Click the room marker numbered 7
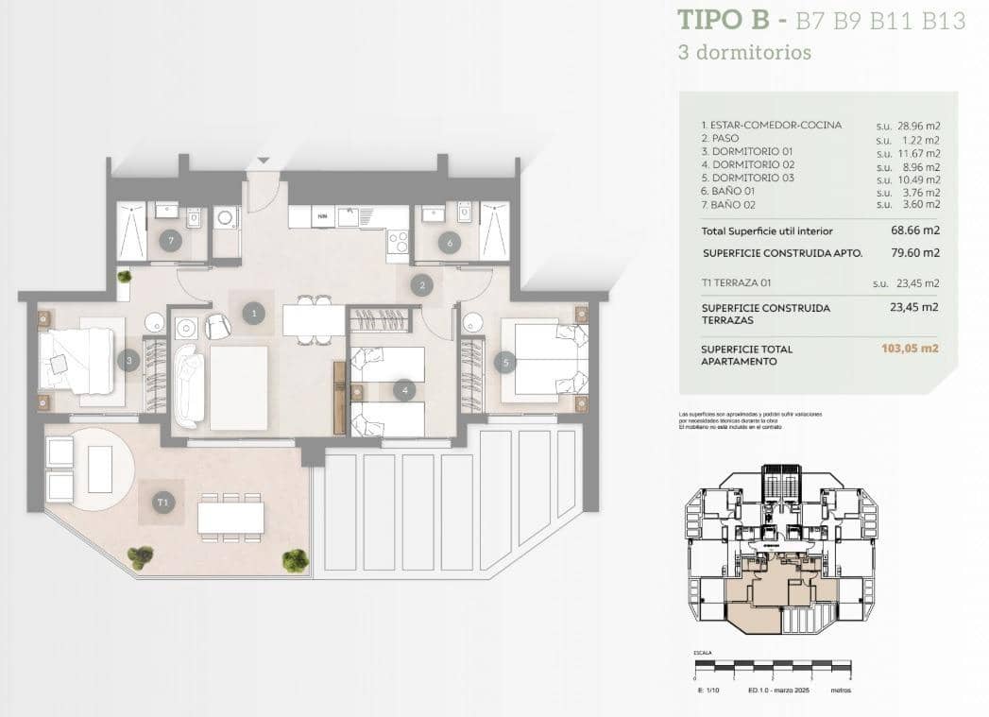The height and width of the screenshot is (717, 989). pyautogui.click(x=170, y=240)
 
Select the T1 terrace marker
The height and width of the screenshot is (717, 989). pyautogui.click(x=163, y=504)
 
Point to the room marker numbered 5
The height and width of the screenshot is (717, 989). pyautogui.click(x=504, y=361)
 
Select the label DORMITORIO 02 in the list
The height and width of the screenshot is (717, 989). pyautogui.click(x=746, y=164)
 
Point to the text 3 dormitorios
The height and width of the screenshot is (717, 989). pyautogui.click(x=744, y=53)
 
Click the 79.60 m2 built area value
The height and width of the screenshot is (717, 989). pyautogui.click(x=917, y=252)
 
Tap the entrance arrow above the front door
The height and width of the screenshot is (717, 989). pyautogui.click(x=264, y=161)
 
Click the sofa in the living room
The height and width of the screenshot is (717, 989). pyautogui.click(x=188, y=384)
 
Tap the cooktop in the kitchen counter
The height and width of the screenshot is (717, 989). pyautogui.click(x=398, y=242)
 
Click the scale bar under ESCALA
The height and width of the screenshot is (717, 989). pyautogui.click(x=773, y=667)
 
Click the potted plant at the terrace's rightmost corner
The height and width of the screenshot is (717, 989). pyautogui.click(x=296, y=560)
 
